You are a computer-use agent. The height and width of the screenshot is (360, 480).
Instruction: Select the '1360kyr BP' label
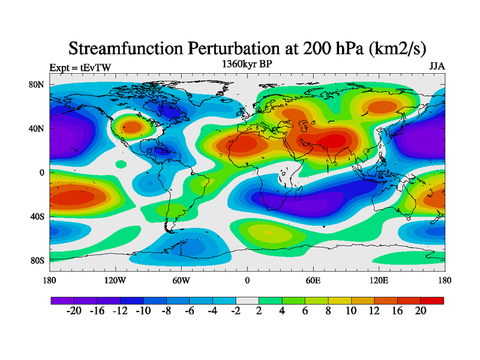point(247,64)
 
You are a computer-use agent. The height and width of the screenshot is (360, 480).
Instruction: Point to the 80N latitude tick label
point(37,85)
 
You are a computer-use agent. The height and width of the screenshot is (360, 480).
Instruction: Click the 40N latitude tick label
point(37,128)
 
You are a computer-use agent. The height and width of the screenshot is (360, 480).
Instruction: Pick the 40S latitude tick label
point(37,216)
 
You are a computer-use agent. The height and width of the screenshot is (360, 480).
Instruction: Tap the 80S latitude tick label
point(37,260)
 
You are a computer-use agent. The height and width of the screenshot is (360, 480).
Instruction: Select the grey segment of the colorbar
point(247,300)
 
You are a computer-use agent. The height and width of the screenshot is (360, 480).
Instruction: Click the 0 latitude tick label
point(42,172)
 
